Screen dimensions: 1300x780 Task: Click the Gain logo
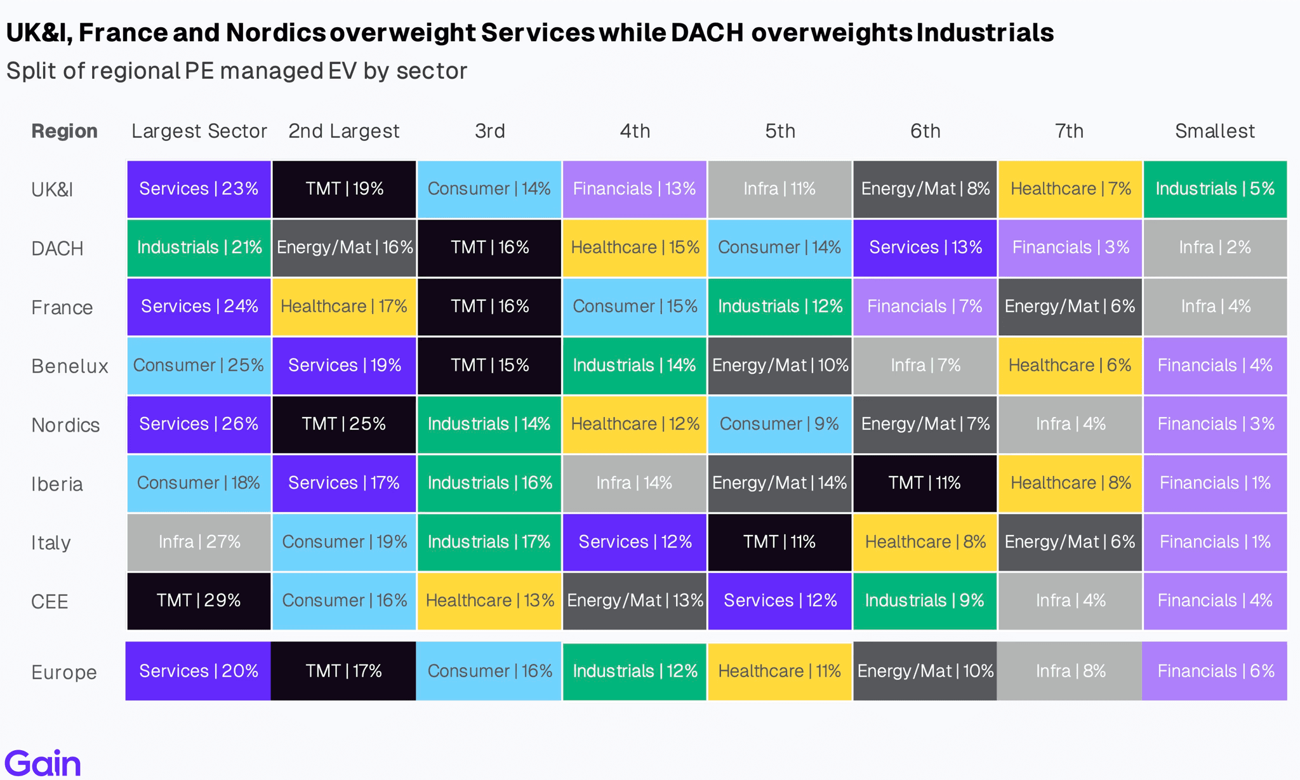pyautogui.click(x=43, y=762)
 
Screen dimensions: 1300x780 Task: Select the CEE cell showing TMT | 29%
pyautogui.click(x=199, y=601)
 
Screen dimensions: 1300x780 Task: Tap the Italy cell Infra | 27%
pyautogui.click(x=199, y=542)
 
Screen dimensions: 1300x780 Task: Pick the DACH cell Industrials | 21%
pyautogui.click(x=199, y=248)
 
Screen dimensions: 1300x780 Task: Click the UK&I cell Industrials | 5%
pyautogui.click(x=1215, y=189)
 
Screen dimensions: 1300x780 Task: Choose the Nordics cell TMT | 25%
pyautogui.click(x=344, y=425)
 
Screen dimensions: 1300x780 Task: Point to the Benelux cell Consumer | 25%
pyautogui.click(x=199, y=366)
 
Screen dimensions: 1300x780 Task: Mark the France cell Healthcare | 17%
pyautogui.click(x=344, y=307)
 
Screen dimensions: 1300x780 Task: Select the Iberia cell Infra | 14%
pyautogui.click(x=635, y=484)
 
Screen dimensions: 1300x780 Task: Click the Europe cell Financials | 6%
pyautogui.click(x=1215, y=671)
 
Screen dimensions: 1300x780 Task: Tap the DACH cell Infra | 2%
pyautogui.click(x=1215, y=248)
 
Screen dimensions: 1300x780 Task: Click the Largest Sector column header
pyautogui.click(x=199, y=131)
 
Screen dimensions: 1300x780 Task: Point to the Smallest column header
pyautogui.click(x=1215, y=131)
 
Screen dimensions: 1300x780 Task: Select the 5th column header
pyautogui.click(x=780, y=131)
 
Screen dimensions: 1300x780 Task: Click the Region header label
pyautogui.click(x=64, y=131)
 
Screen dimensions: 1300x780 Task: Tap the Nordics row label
pyautogui.click(x=65, y=425)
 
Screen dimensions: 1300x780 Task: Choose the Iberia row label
pyautogui.click(x=57, y=484)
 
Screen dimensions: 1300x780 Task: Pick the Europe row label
pyautogui.click(x=64, y=672)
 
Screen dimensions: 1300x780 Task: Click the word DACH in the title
pyautogui.click(x=707, y=33)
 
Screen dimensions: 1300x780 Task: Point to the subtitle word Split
pyautogui.click(x=30, y=71)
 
